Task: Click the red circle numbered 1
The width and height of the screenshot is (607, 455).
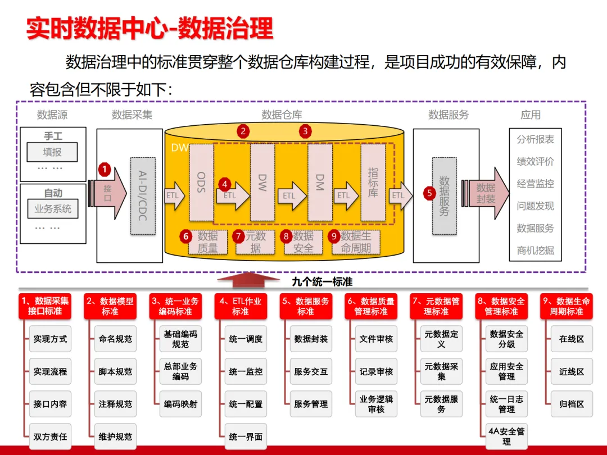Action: (105, 169)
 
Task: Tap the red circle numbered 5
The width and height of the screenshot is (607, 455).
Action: (429, 193)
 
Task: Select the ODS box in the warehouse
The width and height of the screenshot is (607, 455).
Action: (201, 182)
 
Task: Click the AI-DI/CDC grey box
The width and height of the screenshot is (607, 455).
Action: (143, 196)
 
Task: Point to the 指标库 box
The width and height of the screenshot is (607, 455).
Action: (373, 182)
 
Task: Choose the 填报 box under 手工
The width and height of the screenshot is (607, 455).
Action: (52, 152)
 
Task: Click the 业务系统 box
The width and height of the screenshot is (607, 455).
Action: (53, 209)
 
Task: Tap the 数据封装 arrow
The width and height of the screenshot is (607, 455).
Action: (486, 193)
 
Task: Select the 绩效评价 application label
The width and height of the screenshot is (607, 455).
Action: (536, 161)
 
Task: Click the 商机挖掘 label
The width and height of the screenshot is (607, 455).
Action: (536, 251)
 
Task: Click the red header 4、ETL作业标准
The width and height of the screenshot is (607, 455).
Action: (241, 307)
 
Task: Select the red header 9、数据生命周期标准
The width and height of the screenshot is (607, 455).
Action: (567, 307)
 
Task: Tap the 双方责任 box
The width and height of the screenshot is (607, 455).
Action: (51, 437)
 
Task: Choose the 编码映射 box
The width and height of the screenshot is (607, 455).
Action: (180, 404)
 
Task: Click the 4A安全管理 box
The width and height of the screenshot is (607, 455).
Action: (506, 437)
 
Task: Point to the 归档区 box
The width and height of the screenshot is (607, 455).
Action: (572, 404)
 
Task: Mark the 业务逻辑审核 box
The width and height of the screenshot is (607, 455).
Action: (376, 404)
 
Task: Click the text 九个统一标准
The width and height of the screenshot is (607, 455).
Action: (322, 281)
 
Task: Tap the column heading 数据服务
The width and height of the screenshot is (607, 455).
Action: (449, 115)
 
